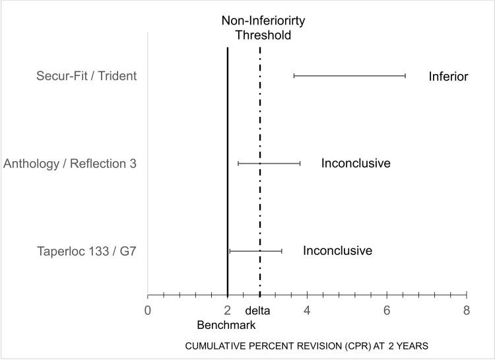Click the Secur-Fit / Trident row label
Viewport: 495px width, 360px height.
(86, 76)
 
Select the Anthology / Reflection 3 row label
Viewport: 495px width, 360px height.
(70, 163)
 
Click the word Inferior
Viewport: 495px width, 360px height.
(448, 76)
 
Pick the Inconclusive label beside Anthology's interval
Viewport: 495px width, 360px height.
(356, 163)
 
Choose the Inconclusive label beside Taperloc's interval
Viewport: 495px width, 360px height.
(337, 251)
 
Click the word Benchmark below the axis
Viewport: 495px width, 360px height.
(226, 325)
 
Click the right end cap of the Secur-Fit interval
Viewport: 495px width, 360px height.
(405, 76)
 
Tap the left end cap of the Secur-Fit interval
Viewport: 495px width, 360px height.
(294, 76)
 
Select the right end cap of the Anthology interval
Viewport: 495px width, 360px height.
(300, 163)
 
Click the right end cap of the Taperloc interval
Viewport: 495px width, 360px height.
(282, 251)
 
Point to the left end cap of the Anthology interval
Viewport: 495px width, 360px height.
(238, 163)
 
